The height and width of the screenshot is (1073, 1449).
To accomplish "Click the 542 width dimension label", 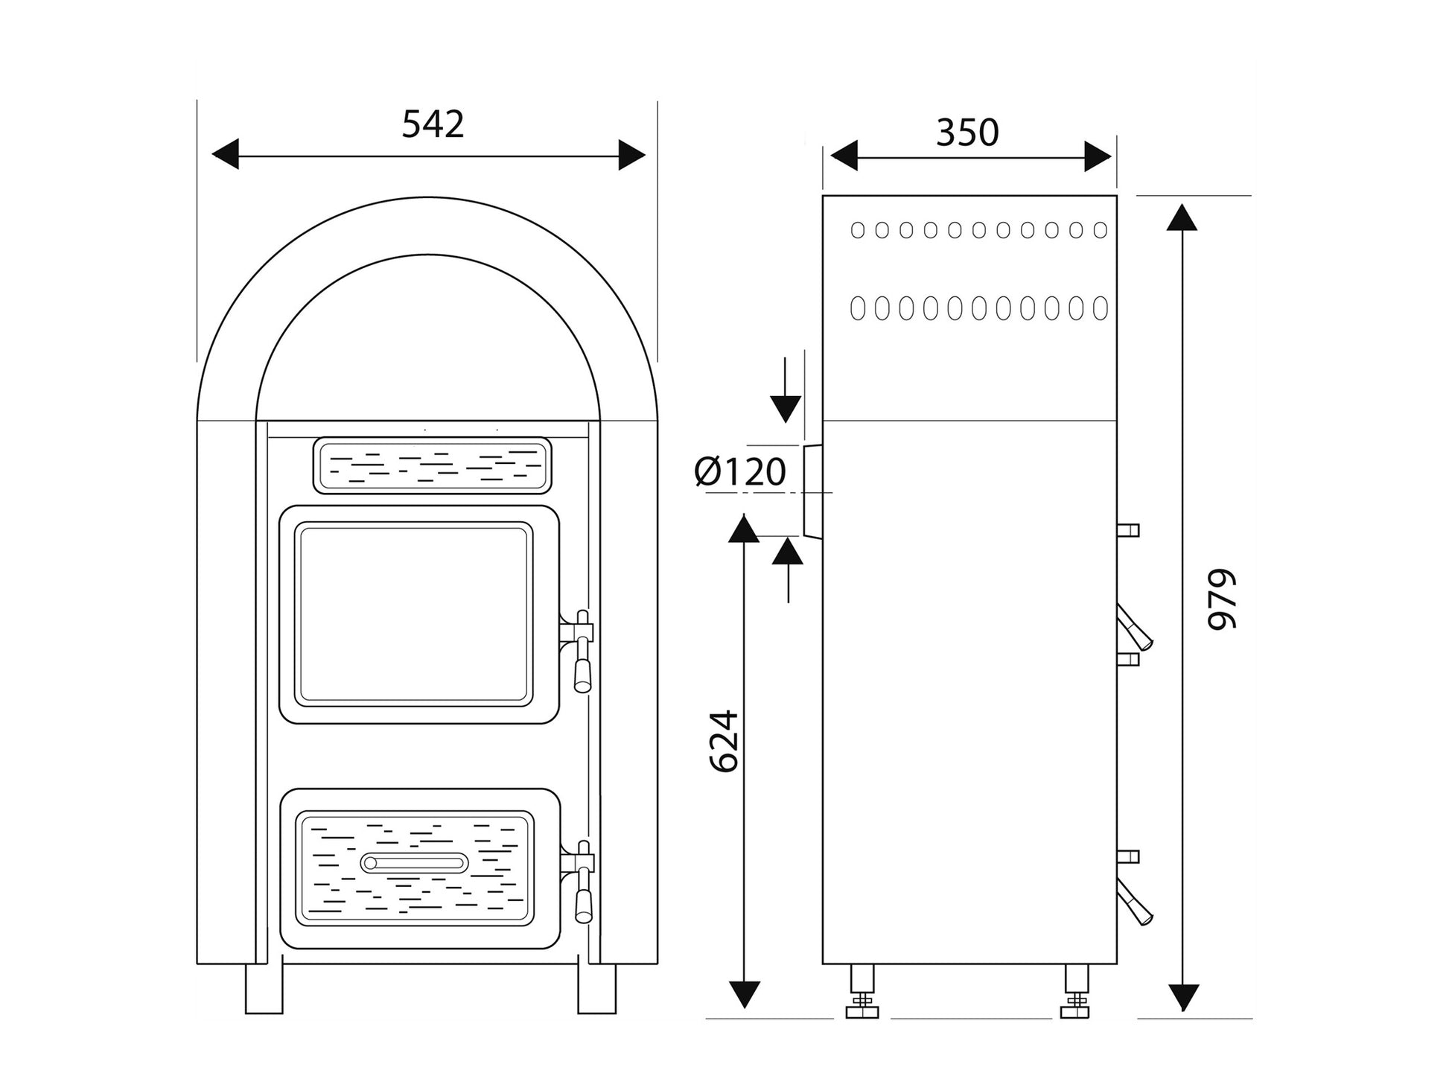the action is click(433, 124).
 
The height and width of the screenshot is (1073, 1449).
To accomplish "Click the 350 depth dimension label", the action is click(966, 133).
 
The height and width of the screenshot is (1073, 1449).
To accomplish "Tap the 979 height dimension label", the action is click(1221, 599).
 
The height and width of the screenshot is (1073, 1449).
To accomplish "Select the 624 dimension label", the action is click(723, 741).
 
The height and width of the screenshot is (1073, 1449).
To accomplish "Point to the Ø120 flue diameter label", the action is click(740, 472).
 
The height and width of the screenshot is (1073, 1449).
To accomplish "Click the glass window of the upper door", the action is click(414, 614).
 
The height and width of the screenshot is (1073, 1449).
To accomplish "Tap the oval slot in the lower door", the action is click(415, 863).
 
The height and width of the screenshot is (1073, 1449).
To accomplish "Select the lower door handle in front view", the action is click(581, 881).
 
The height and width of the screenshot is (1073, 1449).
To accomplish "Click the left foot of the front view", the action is click(264, 988).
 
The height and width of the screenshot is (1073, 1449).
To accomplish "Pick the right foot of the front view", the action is click(597, 988).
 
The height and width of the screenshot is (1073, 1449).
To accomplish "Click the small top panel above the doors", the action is click(432, 465).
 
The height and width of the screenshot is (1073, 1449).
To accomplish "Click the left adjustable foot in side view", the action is click(862, 991).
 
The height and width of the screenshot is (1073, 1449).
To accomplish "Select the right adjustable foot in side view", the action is click(1076, 991).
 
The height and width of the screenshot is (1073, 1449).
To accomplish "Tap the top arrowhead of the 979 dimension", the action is click(1182, 216).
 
